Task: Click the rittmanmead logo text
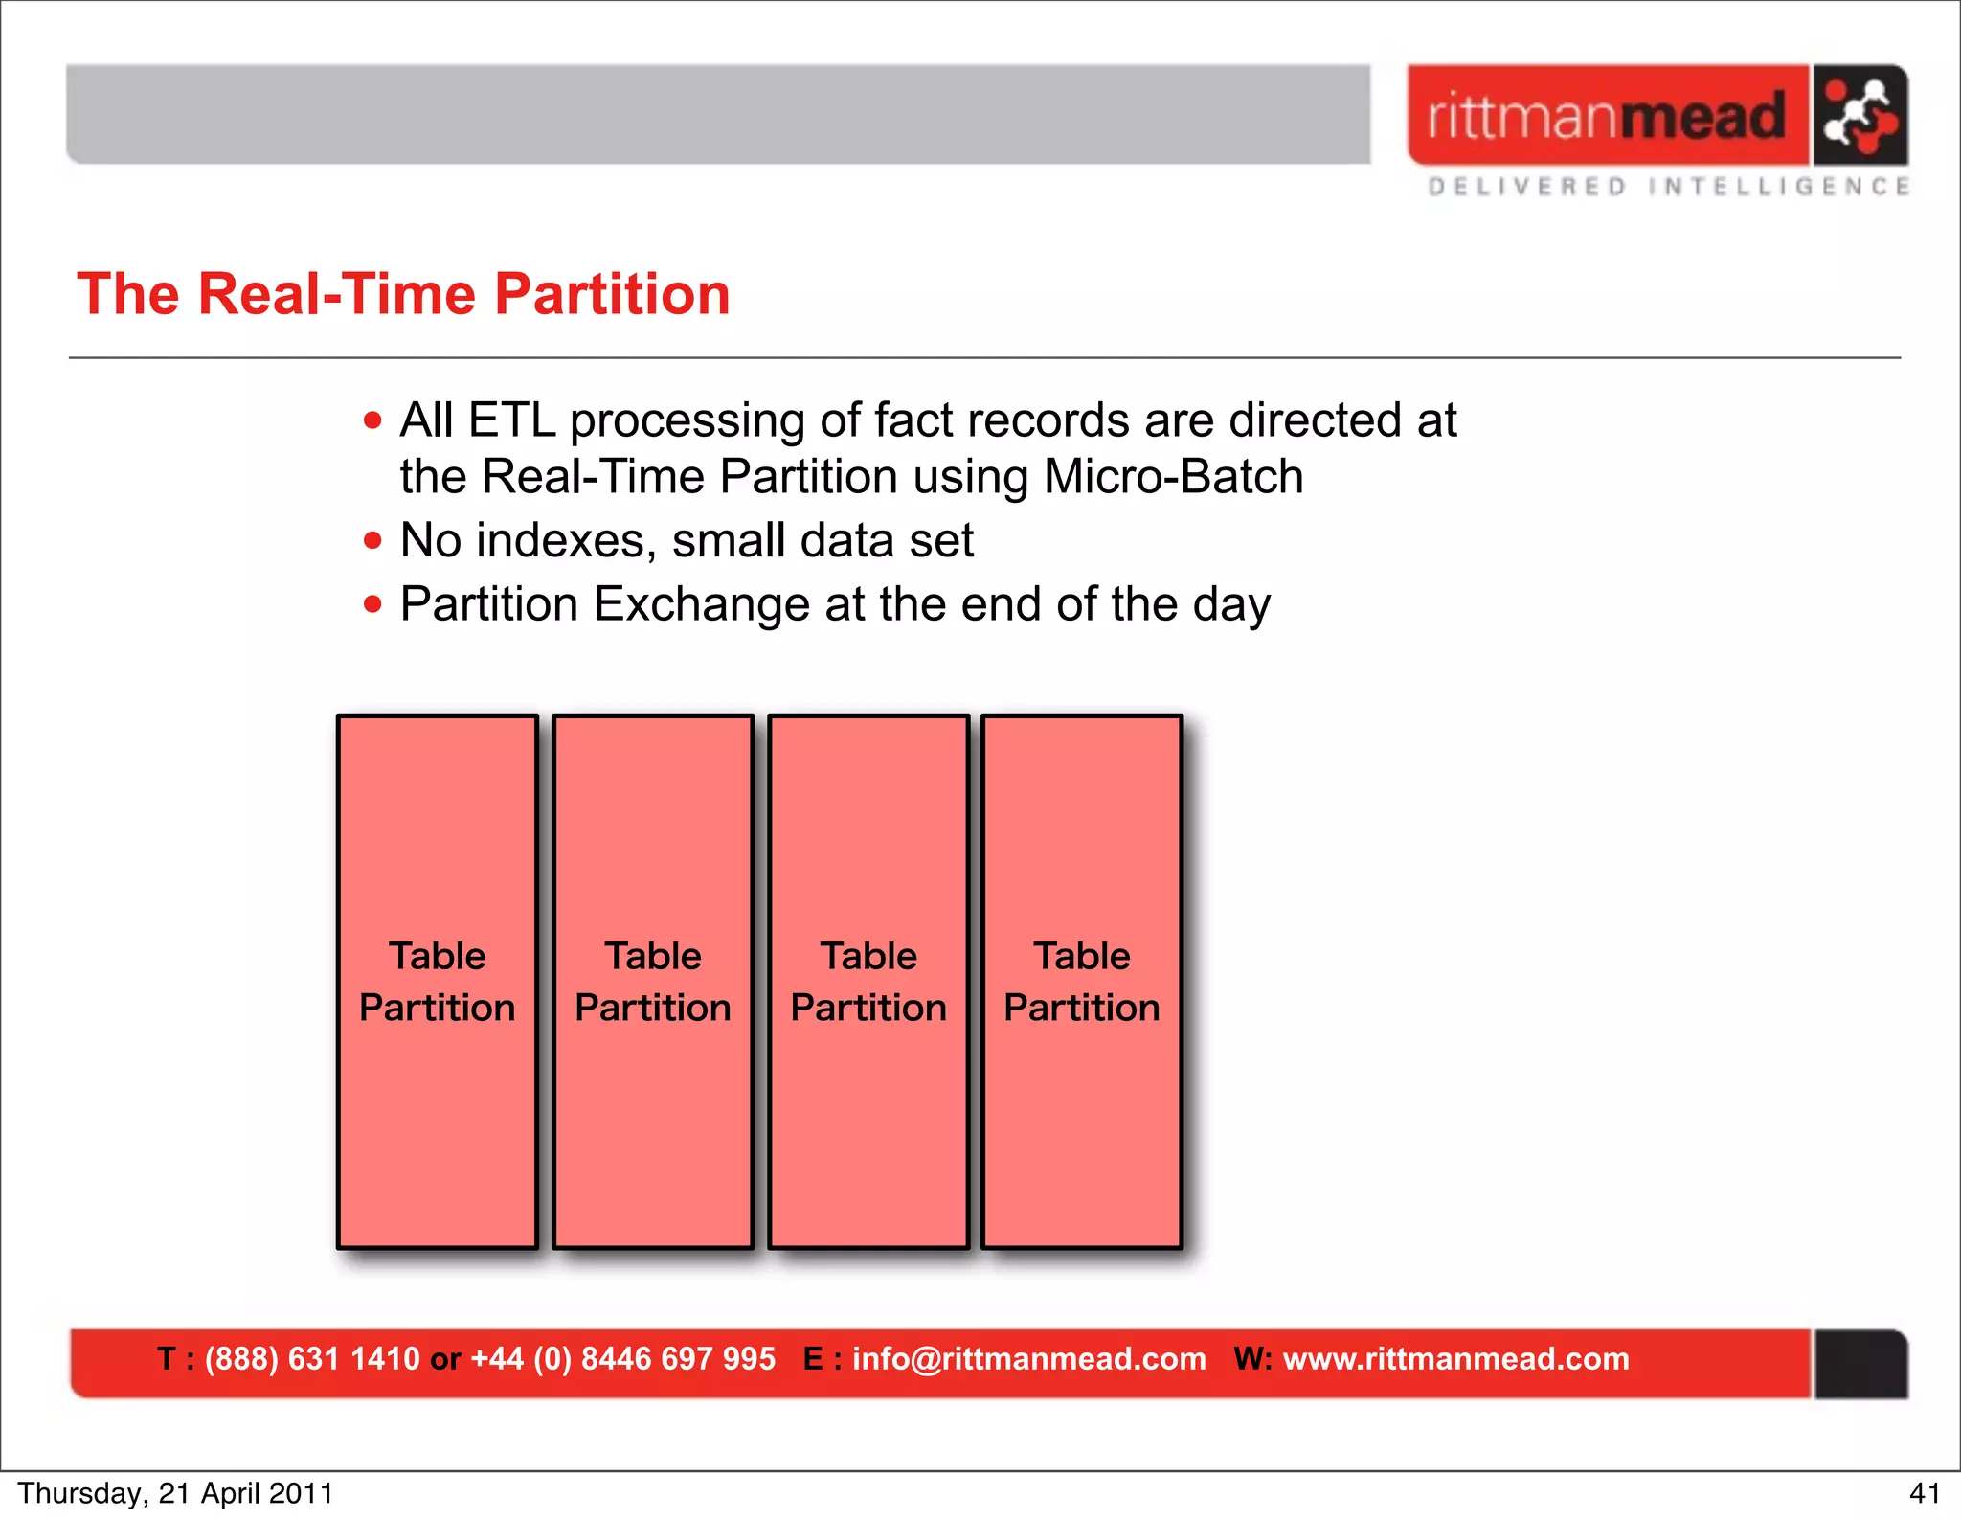click(x=1606, y=116)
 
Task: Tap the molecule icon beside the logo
click(x=1859, y=116)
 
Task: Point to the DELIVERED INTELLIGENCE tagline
click(x=1668, y=187)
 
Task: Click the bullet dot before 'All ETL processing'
click(x=372, y=420)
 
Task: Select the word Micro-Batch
click(x=1173, y=477)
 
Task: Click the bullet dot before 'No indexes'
click(x=372, y=541)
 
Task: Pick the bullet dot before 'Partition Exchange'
click(x=372, y=604)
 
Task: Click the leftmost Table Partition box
click(x=438, y=981)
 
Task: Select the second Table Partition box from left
click(x=653, y=981)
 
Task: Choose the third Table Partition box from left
click(x=868, y=981)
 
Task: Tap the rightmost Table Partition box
click(x=1082, y=981)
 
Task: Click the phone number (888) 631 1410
click(x=312, y=1358)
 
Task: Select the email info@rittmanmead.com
click(x=1028, y=1358)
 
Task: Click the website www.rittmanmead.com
click(x=1455, y=1358)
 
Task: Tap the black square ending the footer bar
click(x=1860, y=1364)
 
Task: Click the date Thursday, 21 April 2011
click(x=175, y=1493)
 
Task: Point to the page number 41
click(x=1924, y=1493)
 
